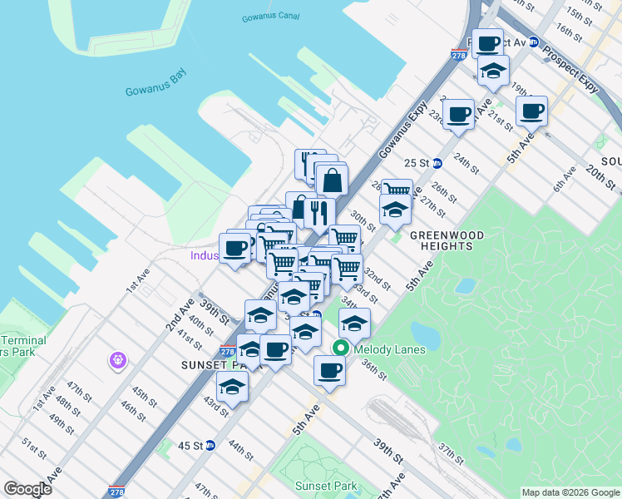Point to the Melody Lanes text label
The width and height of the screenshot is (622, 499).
click(389, 350)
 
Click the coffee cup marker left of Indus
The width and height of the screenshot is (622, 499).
click(235, 247)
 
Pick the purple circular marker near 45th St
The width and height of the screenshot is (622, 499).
click(117, 361)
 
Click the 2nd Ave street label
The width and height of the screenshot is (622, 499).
click(180, 314)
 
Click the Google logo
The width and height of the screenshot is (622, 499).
click(27, 489)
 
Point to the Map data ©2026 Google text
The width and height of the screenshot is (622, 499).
click(570, 492)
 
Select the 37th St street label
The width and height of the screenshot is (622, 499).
click(452, 454)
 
